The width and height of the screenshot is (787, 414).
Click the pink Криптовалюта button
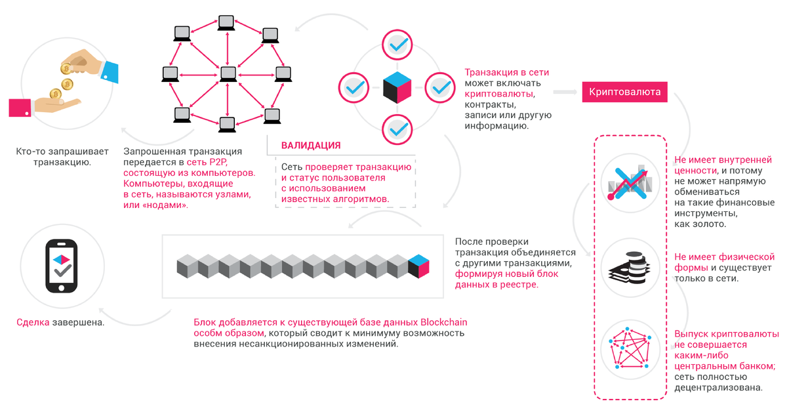click(x=625, y=91)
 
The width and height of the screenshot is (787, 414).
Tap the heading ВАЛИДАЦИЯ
click(x=311, y=146)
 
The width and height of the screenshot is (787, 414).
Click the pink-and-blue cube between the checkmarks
click(x=397, y=86)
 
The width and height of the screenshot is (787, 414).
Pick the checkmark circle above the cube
click(x=397, y=45)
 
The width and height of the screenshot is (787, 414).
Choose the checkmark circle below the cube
click(x=397, y=128)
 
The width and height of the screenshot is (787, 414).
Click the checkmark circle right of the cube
click(x=440, y=86)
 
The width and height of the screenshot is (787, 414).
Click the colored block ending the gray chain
click(x=418, y=266)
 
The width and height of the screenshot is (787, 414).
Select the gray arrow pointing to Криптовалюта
click(x=564, y=92)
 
